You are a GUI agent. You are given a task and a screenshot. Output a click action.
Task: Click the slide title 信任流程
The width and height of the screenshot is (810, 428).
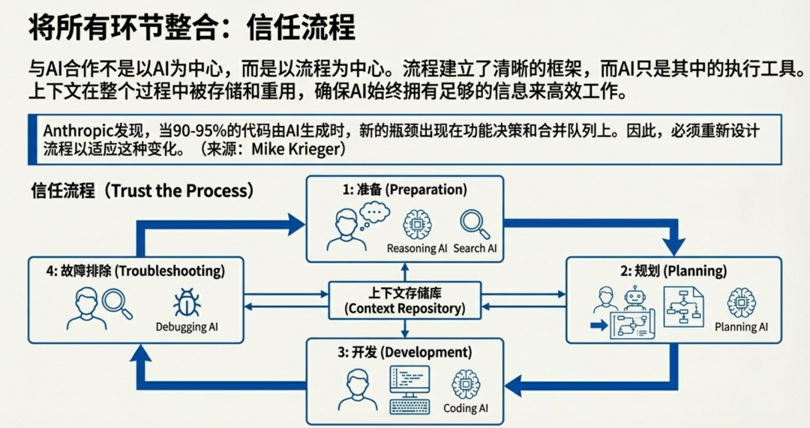click(191, 28)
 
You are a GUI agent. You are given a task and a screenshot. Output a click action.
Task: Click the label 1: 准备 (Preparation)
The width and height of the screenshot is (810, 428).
click(405, 190)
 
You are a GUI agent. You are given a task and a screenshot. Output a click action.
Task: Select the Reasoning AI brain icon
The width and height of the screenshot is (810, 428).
click(417, 224)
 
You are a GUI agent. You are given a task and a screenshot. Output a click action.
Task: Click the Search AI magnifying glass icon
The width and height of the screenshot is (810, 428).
click(475, 224)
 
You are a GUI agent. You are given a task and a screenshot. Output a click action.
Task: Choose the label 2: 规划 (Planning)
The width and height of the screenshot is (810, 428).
click(673, 271)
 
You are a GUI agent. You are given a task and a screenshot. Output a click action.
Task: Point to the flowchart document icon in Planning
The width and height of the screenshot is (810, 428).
click(683, 306)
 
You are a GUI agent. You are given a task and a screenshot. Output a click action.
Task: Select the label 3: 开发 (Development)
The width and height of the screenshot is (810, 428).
click(405, 352)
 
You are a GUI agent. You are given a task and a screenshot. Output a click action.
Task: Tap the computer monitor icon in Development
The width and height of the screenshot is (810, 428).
click(409, 384)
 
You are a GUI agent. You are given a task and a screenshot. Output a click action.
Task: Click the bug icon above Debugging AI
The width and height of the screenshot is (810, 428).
click(187, 304)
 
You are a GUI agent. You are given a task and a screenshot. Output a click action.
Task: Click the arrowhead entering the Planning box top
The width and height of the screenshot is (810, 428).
click(674, 245)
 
